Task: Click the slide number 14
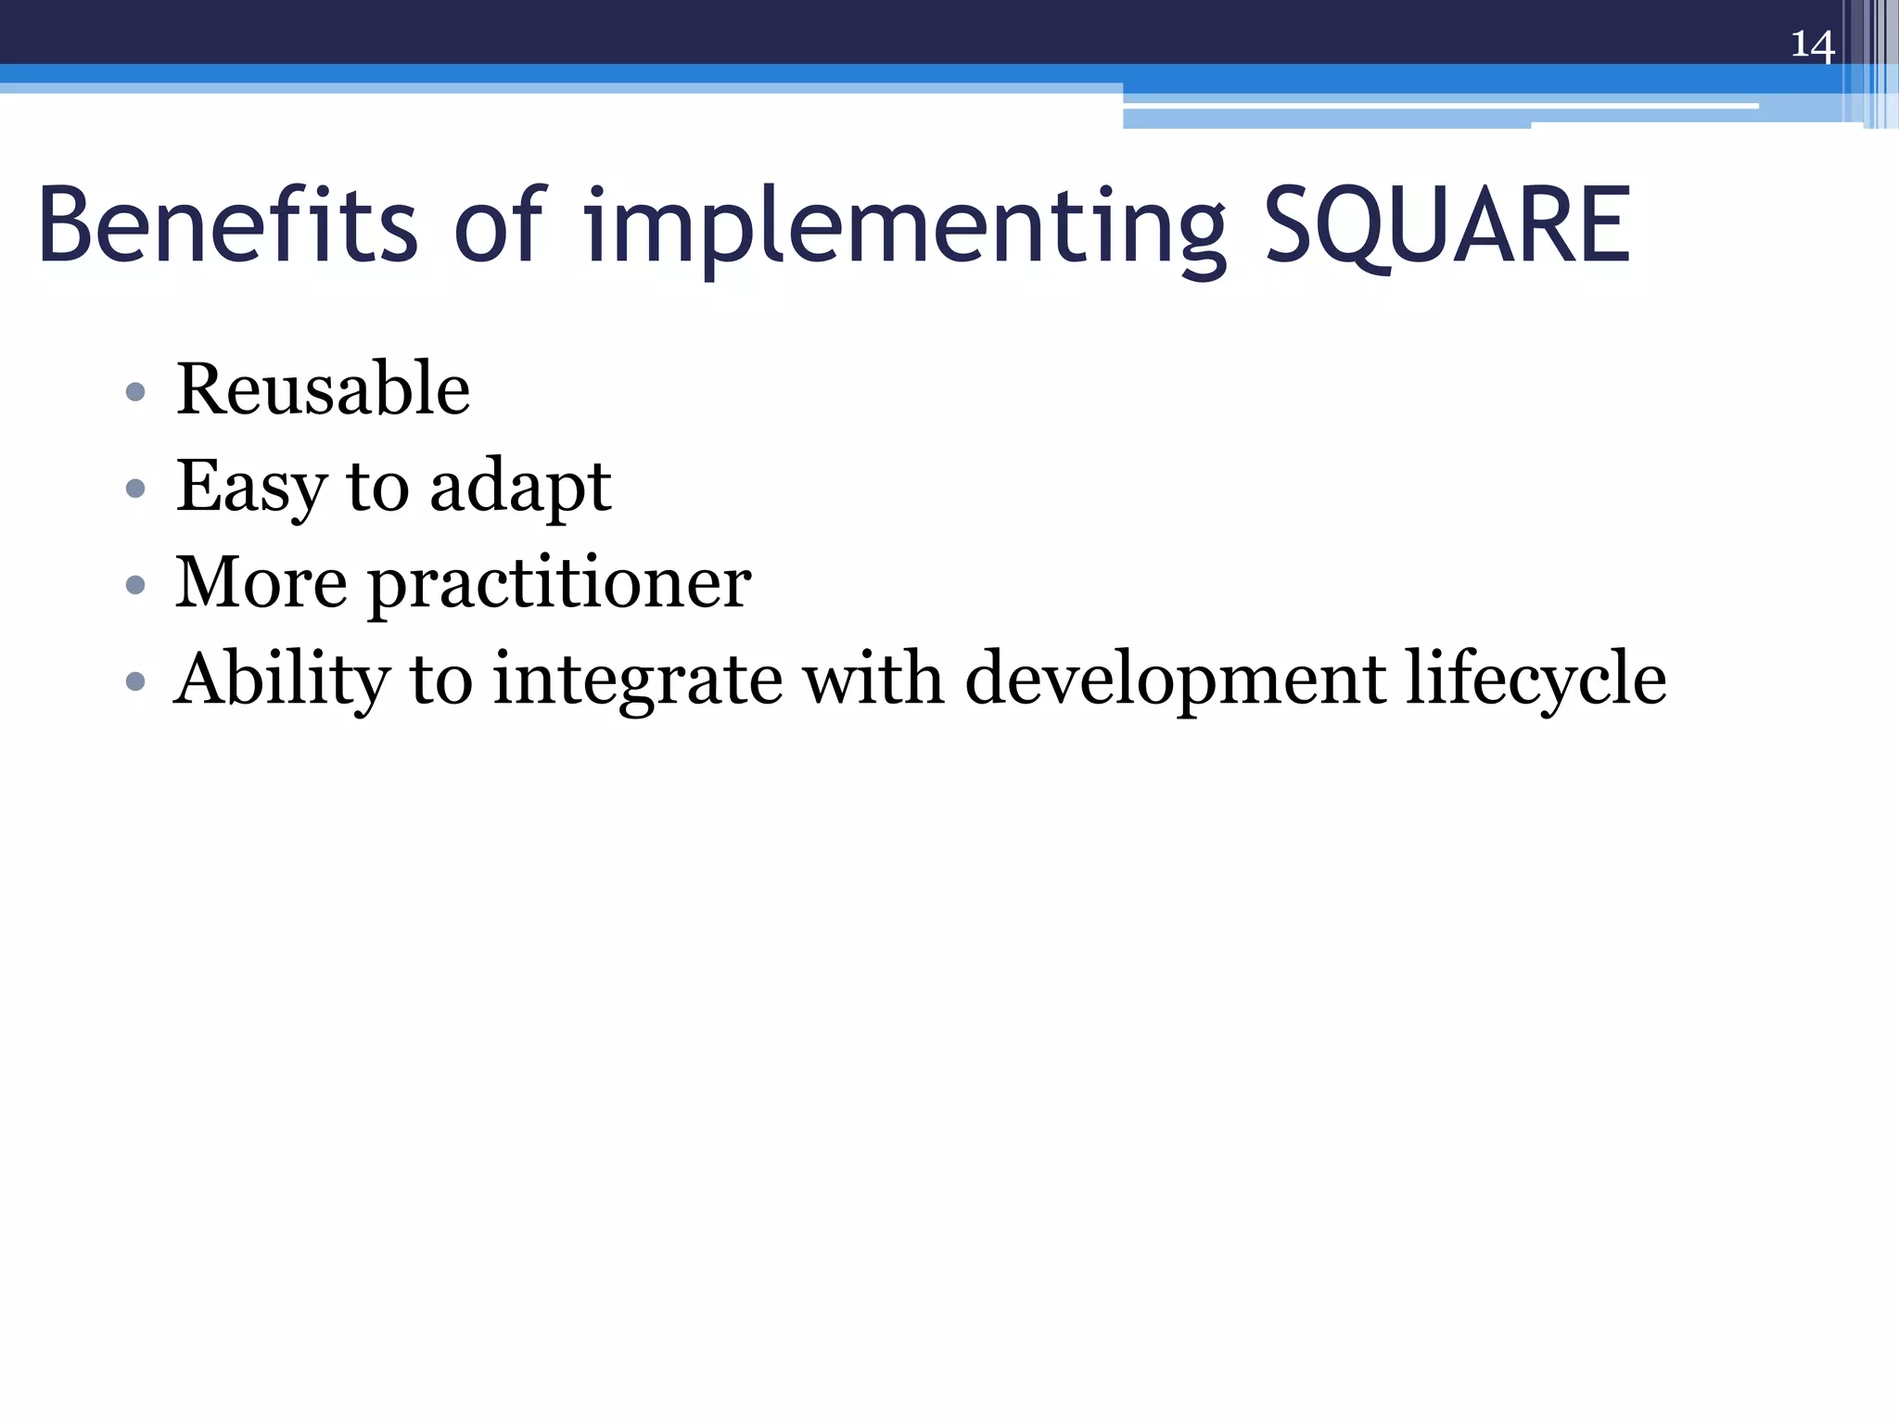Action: point(1812,44)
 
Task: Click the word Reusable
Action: point(323,388)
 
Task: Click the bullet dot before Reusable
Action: point(135,391)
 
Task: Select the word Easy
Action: point(251,486)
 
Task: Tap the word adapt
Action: point(520,488)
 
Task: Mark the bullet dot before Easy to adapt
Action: point(135,488)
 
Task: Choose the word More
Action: point(261,582)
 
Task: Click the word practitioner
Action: point(560,584)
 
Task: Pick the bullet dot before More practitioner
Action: point(135,584)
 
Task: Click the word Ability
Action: point(282,680)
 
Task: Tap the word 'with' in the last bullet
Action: point(873,678)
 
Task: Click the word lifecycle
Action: point(1536,680)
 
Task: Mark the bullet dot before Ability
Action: point(135,681)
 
